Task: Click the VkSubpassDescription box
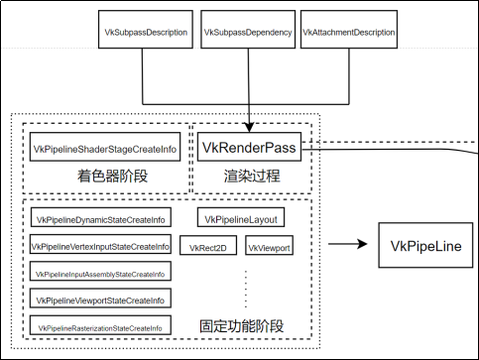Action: tap(146, 32)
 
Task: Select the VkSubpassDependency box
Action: tap(247, 32)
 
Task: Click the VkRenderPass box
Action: tap(248, 149)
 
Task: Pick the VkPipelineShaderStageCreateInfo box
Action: tap(106, 149)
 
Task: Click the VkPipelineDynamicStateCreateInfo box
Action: tap(99, 219)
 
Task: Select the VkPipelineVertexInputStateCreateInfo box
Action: tap(99, 246)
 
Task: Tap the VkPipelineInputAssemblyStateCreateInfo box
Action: tap(99, 273)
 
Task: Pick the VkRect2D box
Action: tap(209, 247)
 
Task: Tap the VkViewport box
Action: tap(269, 247)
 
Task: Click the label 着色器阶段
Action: tap(105, 176)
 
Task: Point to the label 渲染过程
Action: tap(248, 176)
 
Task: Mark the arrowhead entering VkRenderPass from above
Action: tap(248, 126)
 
